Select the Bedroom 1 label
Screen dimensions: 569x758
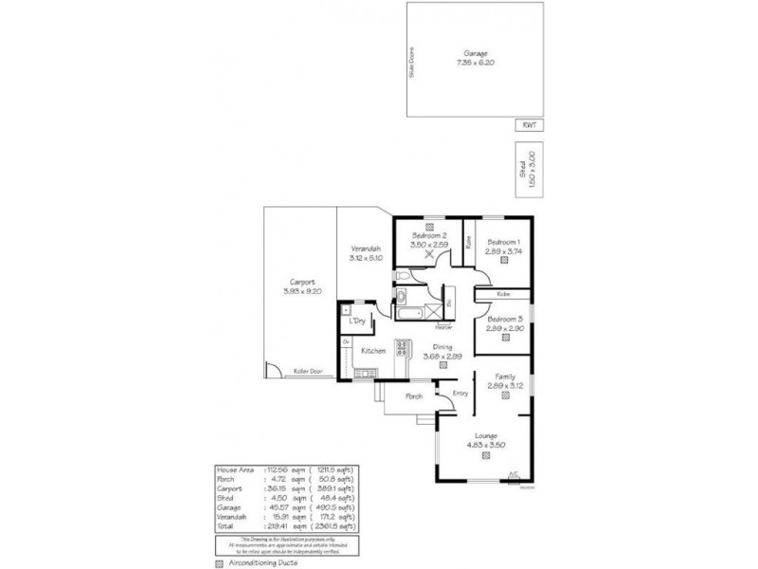[x=503, y=242]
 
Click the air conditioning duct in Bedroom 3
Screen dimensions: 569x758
[x=504, y=339]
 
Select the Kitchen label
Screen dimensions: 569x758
[x=372, y=351]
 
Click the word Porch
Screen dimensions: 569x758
[x=413, y=395]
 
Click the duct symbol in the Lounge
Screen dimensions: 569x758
[x=486, y=455]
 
